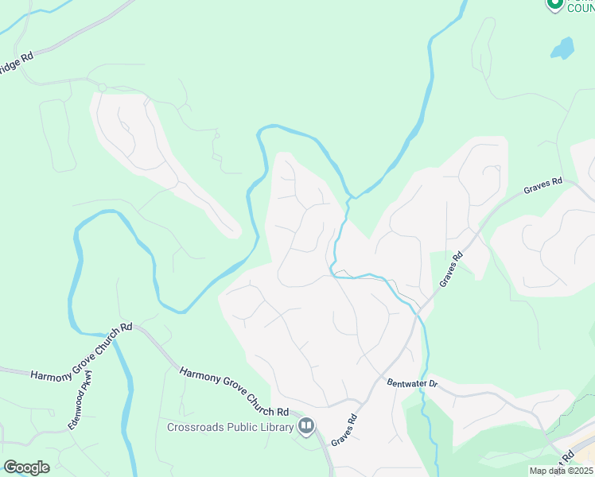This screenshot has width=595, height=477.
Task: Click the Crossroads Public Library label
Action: [230, 427]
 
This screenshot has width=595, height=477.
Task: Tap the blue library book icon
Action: [305, 427]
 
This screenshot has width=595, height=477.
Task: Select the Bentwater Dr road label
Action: [412, 383]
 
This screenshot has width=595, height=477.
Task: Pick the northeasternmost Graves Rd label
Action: [543, 187]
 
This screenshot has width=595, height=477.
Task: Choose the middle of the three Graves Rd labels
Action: [451, 270]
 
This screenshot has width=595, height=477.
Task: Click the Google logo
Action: [26, 467]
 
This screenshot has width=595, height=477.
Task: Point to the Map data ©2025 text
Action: [562, 471]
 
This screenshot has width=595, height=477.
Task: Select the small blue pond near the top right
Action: [562, 48]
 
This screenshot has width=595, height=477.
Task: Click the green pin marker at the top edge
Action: [554, 4]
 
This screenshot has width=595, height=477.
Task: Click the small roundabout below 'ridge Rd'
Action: [102, 87]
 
